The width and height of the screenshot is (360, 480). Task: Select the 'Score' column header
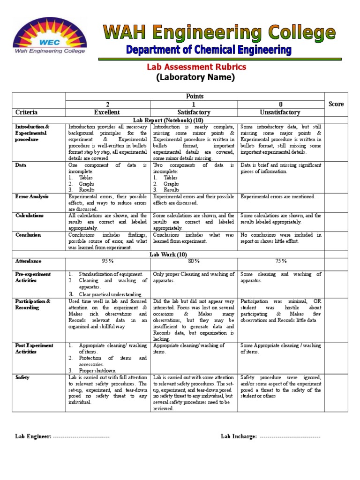(336, 104)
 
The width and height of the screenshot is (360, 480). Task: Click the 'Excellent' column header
(107, 112)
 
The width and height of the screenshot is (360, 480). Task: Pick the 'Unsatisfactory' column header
(281, 112)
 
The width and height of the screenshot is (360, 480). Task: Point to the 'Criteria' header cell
(26, 112)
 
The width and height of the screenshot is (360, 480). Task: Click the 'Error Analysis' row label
(32, 197)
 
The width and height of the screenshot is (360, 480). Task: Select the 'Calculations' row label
(30, 216)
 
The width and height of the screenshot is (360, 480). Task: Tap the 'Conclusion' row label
(28, 235)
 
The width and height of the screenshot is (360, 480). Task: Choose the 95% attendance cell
(107, 261)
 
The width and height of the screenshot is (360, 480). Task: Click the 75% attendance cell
(281, 261)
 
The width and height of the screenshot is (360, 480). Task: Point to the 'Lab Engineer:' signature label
(33, 436)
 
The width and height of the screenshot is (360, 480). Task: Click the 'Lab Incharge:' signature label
(239, 436)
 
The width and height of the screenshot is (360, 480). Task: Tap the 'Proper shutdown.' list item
(99, 370)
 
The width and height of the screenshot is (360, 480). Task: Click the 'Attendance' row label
(28, 261)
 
